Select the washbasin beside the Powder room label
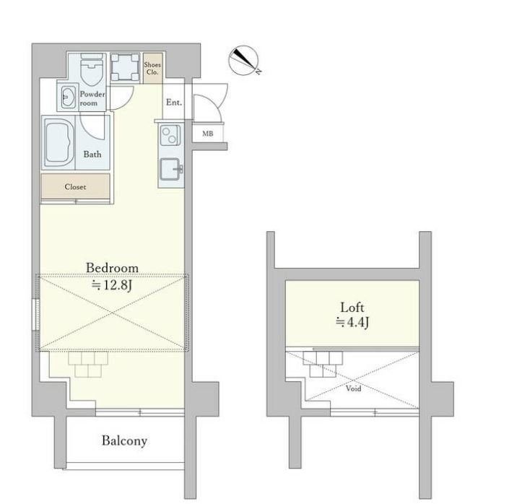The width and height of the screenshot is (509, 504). [67, 96]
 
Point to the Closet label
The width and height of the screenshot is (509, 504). [75, 187]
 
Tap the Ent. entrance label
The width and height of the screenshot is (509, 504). [173, 103]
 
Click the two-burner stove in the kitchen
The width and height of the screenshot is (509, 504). [170, 135]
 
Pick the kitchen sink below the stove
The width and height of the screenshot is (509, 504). [170, 169]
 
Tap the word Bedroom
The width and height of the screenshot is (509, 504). [112, 268]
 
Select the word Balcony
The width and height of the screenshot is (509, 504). [124, 440]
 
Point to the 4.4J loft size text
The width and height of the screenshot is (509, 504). [352, 323]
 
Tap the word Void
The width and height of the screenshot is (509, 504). [353, 388]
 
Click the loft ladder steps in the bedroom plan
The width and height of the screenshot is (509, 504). [88, 363]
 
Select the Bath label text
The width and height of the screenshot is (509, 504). [92, 155]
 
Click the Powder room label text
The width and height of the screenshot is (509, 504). [92, 99]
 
